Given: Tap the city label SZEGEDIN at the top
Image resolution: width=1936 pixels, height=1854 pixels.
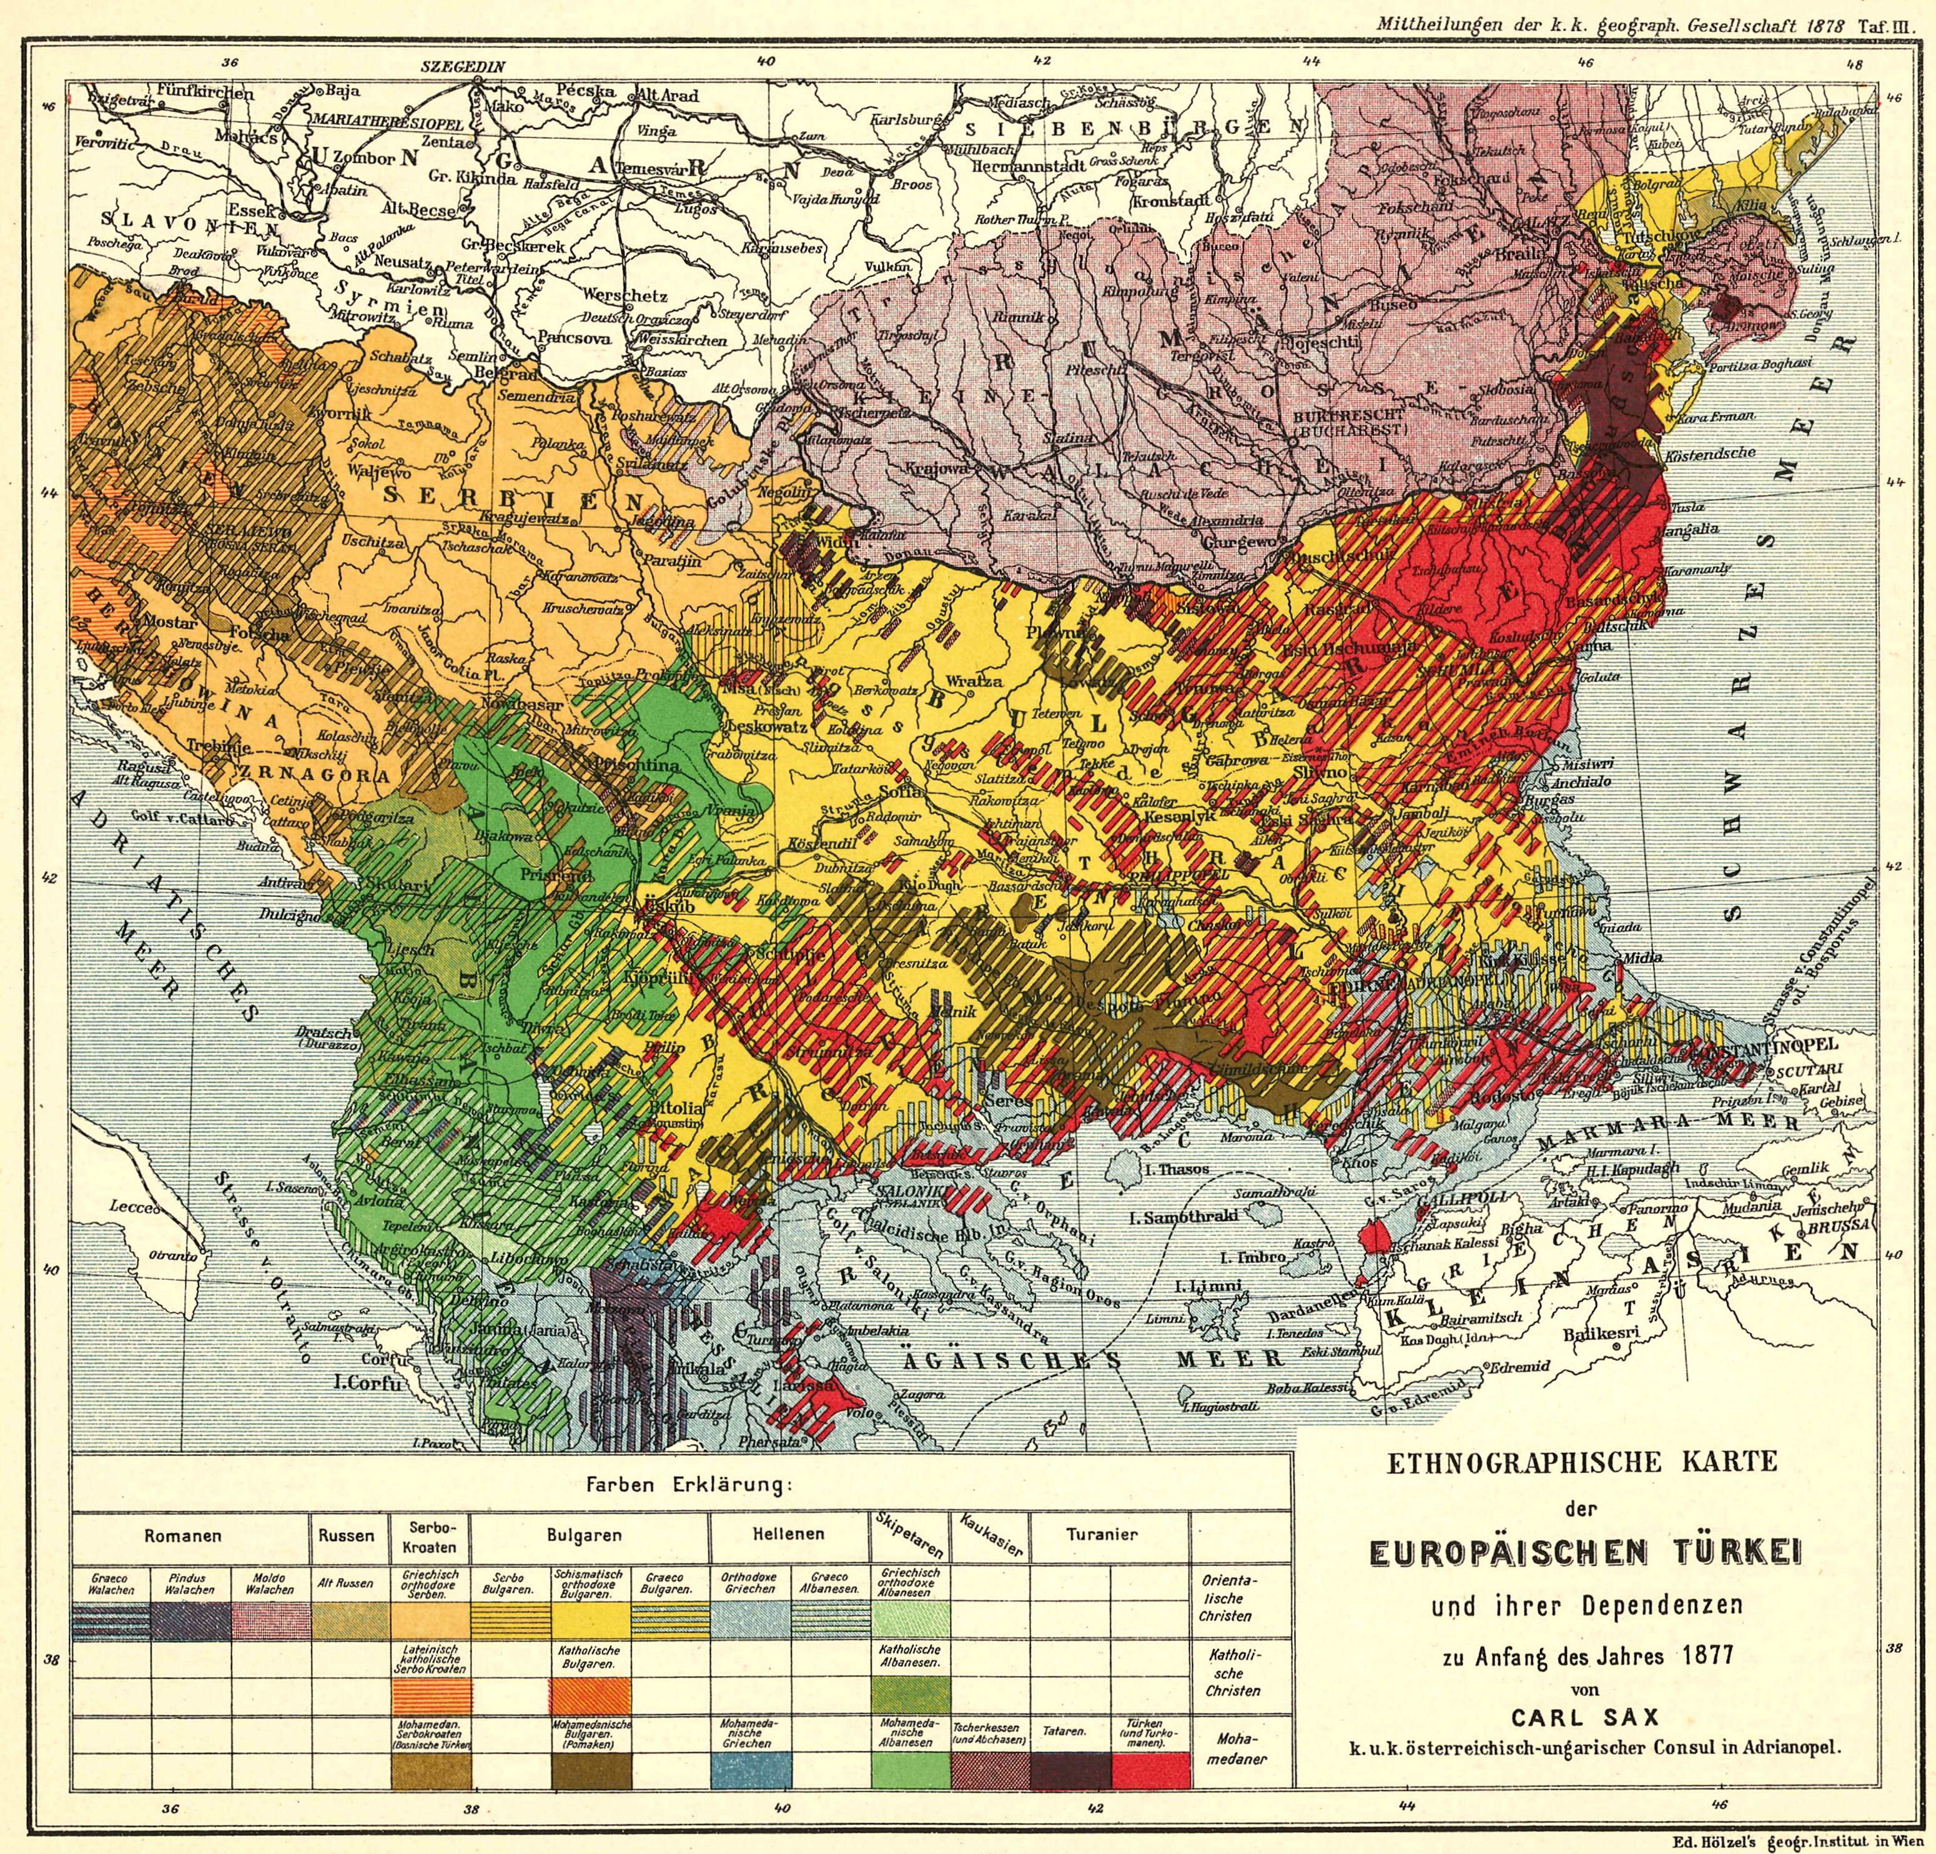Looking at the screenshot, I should pyautogui.click(x=462, y=68).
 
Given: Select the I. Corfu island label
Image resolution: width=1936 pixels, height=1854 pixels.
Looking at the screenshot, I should pyautogui.click(x=367, y=1384).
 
